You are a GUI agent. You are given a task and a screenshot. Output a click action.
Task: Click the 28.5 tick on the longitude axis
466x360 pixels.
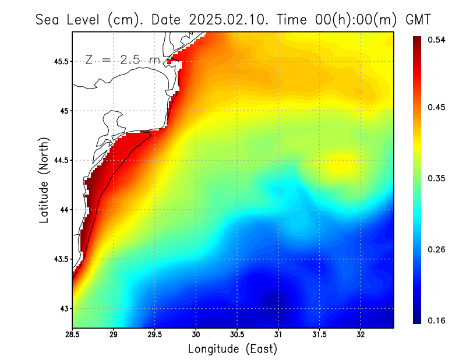73,335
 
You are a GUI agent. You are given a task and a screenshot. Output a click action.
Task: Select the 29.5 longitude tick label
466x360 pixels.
155,335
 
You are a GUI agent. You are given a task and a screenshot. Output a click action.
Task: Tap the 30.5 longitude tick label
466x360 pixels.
237,335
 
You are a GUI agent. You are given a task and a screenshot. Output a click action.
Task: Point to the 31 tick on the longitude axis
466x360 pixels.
278,335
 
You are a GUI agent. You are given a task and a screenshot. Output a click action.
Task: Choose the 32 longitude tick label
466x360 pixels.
361,335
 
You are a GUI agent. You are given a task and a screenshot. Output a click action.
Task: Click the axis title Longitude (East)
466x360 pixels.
232,349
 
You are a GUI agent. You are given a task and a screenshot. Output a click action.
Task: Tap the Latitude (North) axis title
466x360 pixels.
44,180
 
